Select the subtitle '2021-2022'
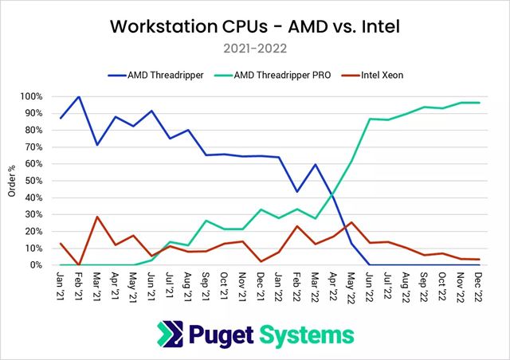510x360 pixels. point(254,49)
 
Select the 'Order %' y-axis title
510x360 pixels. point(10,181)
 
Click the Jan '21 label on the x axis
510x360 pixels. point(62,285)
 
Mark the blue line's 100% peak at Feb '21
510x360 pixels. point(79,97)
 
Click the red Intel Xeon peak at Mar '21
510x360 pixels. point(97,217)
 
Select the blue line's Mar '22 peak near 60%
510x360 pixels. point(316,165)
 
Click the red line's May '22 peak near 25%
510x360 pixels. point(352,222)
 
